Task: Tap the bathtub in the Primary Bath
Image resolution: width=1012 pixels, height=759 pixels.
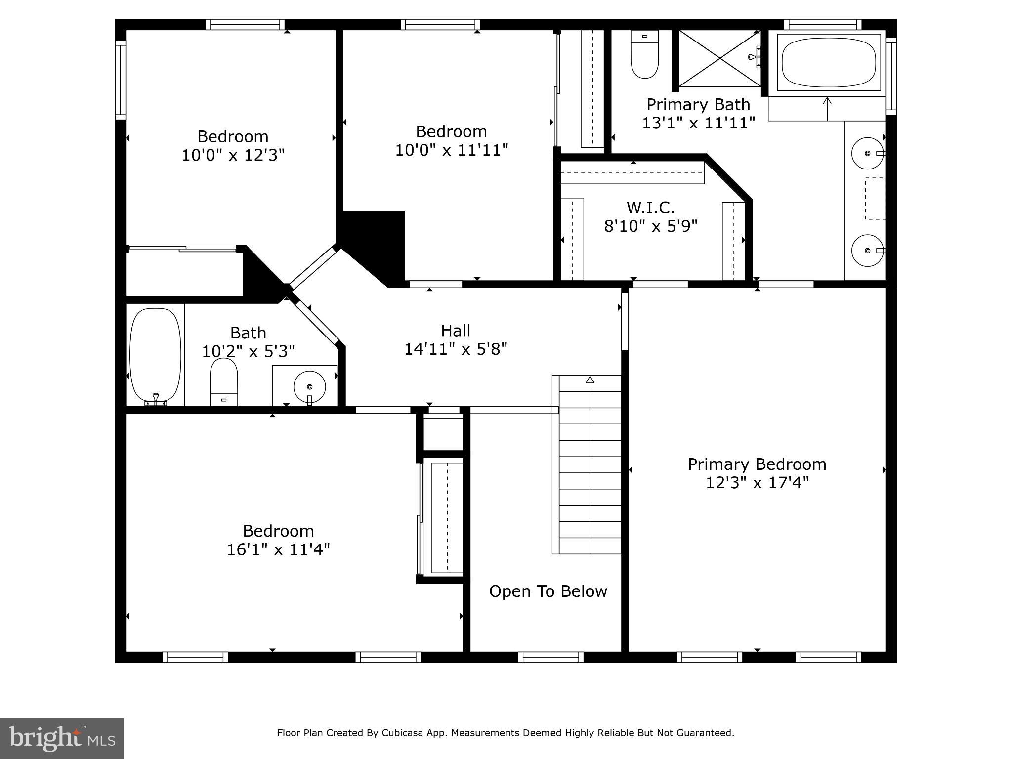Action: point(829,63)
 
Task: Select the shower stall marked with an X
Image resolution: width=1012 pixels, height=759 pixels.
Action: point(719,58)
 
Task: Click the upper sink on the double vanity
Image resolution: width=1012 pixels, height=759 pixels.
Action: point(868,154)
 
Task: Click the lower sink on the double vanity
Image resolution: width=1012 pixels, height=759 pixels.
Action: point(868,251)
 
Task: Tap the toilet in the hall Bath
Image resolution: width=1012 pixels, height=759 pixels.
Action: point(224,381)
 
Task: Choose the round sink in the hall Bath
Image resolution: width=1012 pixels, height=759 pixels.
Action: point(309,387)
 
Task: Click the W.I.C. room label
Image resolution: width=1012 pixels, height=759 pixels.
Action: point(650,207)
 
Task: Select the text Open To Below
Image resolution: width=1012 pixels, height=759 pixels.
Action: point(548,591)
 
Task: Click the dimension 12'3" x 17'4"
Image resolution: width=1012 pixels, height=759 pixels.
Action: point(757,482)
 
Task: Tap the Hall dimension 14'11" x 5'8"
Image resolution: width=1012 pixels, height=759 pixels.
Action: point(456,349)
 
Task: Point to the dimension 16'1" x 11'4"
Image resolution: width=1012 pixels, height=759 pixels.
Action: point(278,549)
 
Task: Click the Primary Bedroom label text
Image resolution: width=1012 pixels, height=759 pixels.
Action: point(757,464)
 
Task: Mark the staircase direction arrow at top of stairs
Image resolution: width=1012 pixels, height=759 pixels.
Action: point(590,379)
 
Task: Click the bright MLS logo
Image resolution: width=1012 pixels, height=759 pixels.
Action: point(62,739)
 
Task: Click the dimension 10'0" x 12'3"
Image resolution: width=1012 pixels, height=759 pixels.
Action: point(233,155)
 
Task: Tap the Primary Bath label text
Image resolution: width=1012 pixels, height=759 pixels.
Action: point(698,105)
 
